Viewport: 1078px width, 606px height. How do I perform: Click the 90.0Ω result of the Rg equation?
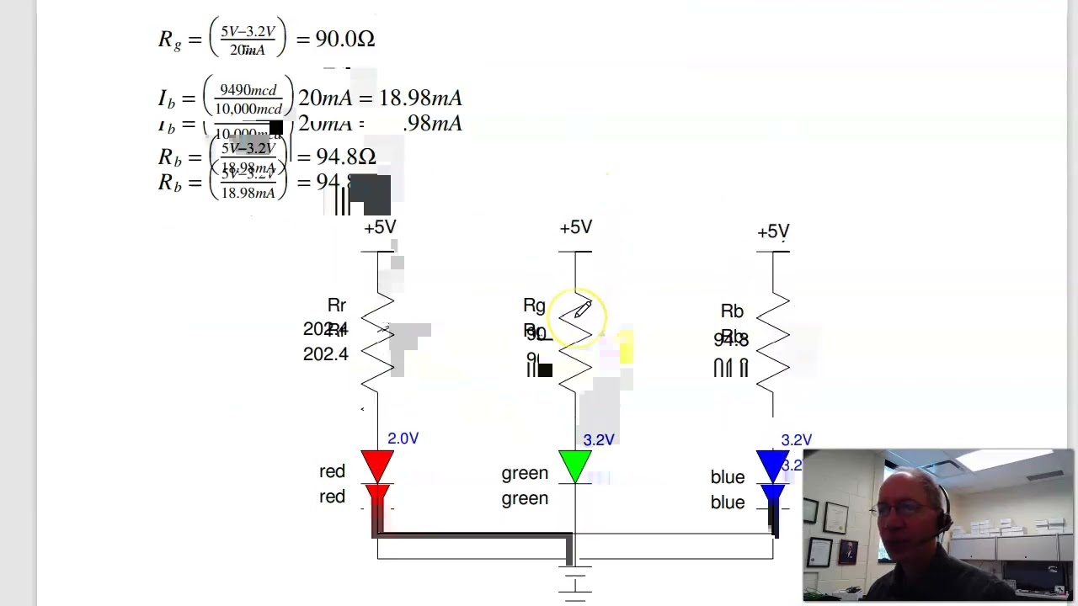(x=344, y=39)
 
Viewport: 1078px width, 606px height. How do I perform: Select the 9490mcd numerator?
(x=248, y=90)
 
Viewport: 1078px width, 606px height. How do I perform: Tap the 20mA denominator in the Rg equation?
(x=248, y=50)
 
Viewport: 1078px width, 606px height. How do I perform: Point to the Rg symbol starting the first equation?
(x=169, y=40)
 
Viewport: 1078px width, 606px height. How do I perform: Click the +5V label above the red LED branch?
(x=380, y=227)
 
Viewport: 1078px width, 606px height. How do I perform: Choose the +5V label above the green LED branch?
(x=576, y=227)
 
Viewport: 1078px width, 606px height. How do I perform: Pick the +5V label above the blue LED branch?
(x=773, y=231)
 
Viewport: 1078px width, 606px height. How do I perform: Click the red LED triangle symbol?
(x=377, y=465)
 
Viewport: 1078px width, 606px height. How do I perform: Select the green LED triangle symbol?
(x=575, y=465)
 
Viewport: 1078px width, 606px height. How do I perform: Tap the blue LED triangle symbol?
(x=772, y=465)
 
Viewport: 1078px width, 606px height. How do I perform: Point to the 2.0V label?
(x=403, y=439)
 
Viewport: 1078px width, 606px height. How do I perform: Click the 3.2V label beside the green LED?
(x=599, y=440)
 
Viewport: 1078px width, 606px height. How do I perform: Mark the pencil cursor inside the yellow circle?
(x=582, y=311)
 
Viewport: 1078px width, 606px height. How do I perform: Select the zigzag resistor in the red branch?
(x=377, y=341)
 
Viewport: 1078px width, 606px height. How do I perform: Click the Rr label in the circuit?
(x=336, y=306)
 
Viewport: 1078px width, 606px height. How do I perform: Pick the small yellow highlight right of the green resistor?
(x=626, y=348)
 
